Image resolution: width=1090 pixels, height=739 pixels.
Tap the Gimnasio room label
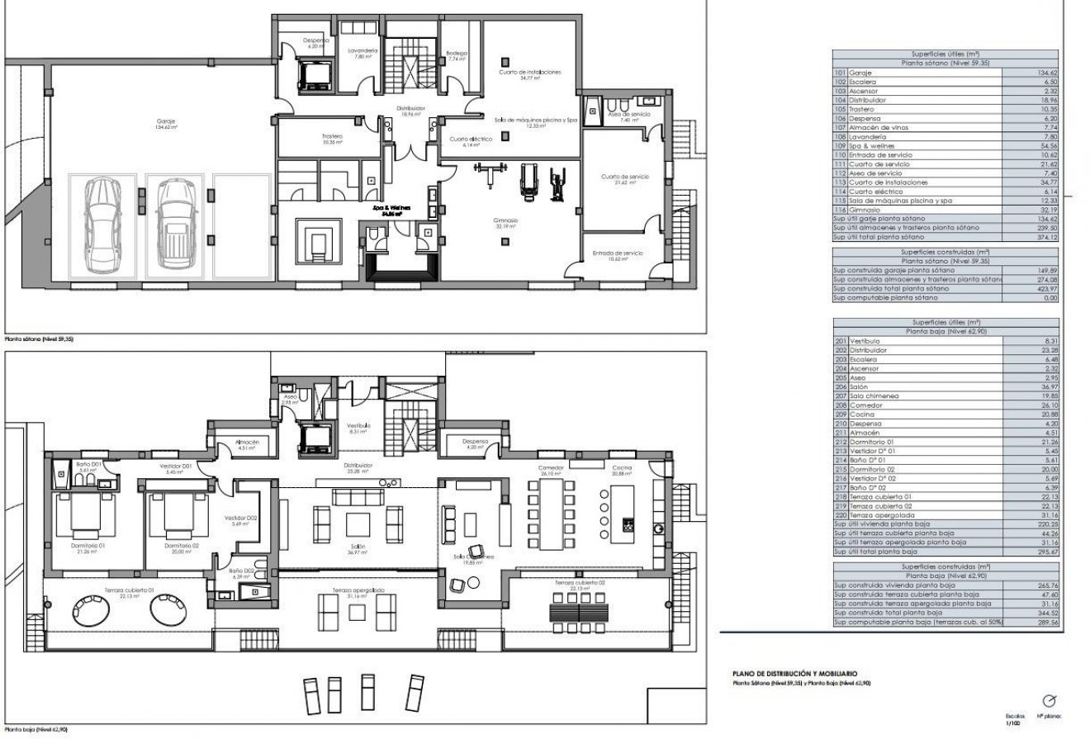[x=508, y=222]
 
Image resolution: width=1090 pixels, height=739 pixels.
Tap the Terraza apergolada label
[x=358, y=591]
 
